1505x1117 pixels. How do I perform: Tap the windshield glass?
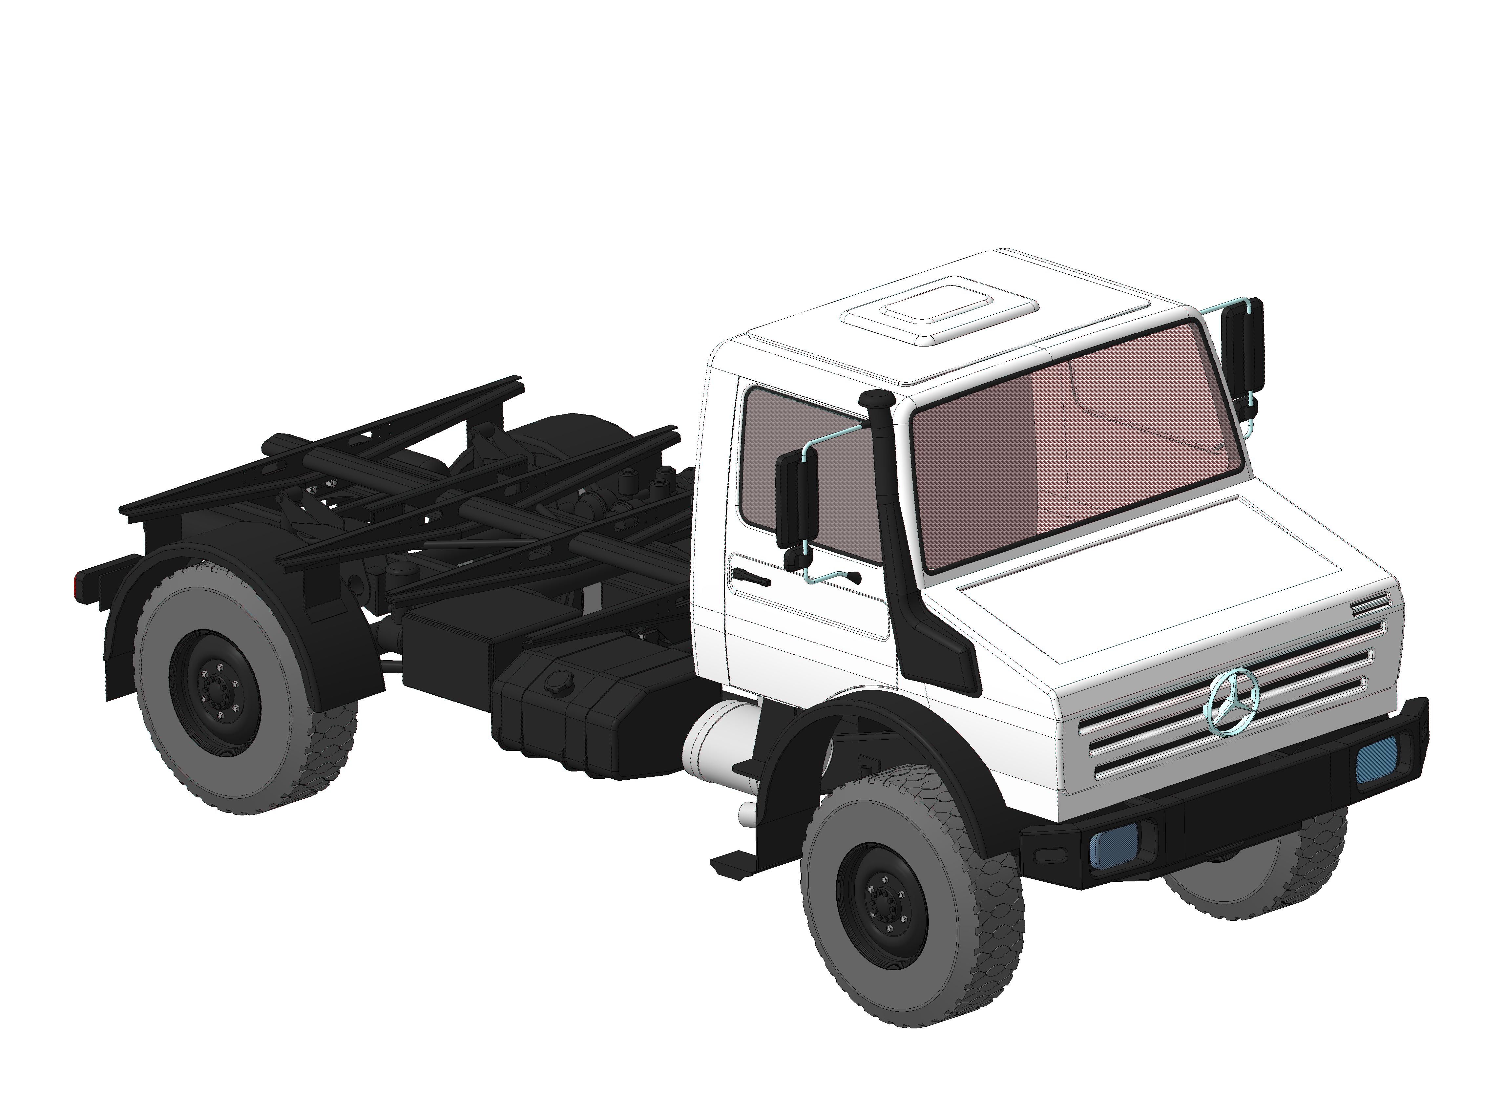[x=1075, y=446]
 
